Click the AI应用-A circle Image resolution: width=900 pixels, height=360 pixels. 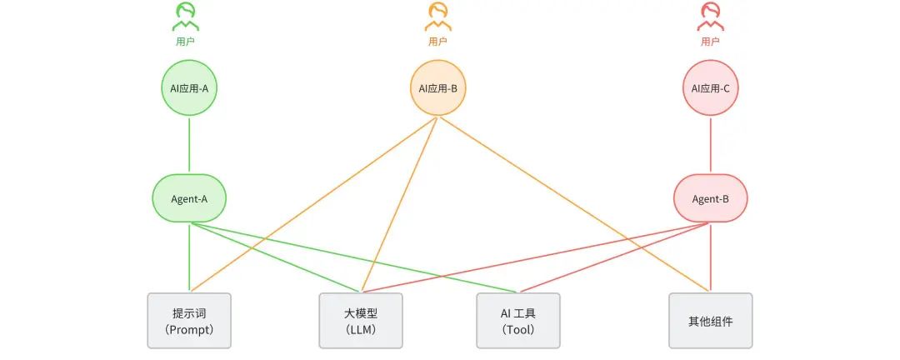click(x=189, y=87)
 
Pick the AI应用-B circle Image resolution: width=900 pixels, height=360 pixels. click(x=437, y=87)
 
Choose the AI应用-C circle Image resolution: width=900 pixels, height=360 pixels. click(x=710, y=87)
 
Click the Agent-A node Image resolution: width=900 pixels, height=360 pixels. click(x=189, y=199)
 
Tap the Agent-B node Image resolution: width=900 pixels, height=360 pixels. click(x=710, y=199)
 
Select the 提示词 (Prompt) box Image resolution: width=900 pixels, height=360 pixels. click(x=189, y=320)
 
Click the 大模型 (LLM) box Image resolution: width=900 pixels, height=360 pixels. click(x=361, y=320)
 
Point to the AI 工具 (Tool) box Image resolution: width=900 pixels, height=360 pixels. click(x=518, y=320)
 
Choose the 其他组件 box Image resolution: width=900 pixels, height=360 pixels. click(x=710, y=320)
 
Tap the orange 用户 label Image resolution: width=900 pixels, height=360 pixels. click(x=437, y=41)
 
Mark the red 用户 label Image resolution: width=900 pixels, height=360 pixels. click(x=710, y=41)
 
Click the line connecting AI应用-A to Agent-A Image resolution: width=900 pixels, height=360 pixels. click(x=189, y=145)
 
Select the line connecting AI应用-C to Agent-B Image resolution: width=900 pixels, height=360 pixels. click(x=710, y=145)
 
